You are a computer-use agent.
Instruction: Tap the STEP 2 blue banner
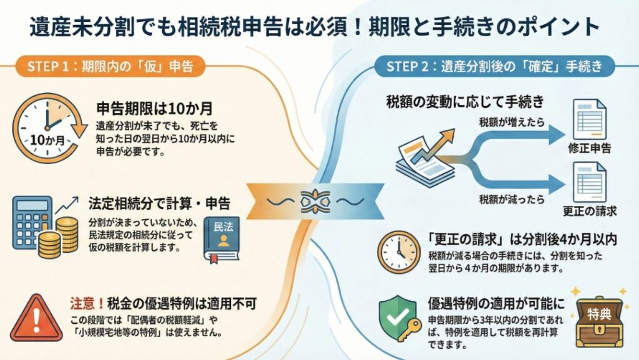(494, 67)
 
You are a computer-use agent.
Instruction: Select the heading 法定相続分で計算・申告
(159, 203)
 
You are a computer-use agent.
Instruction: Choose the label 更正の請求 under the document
(590, 211)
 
